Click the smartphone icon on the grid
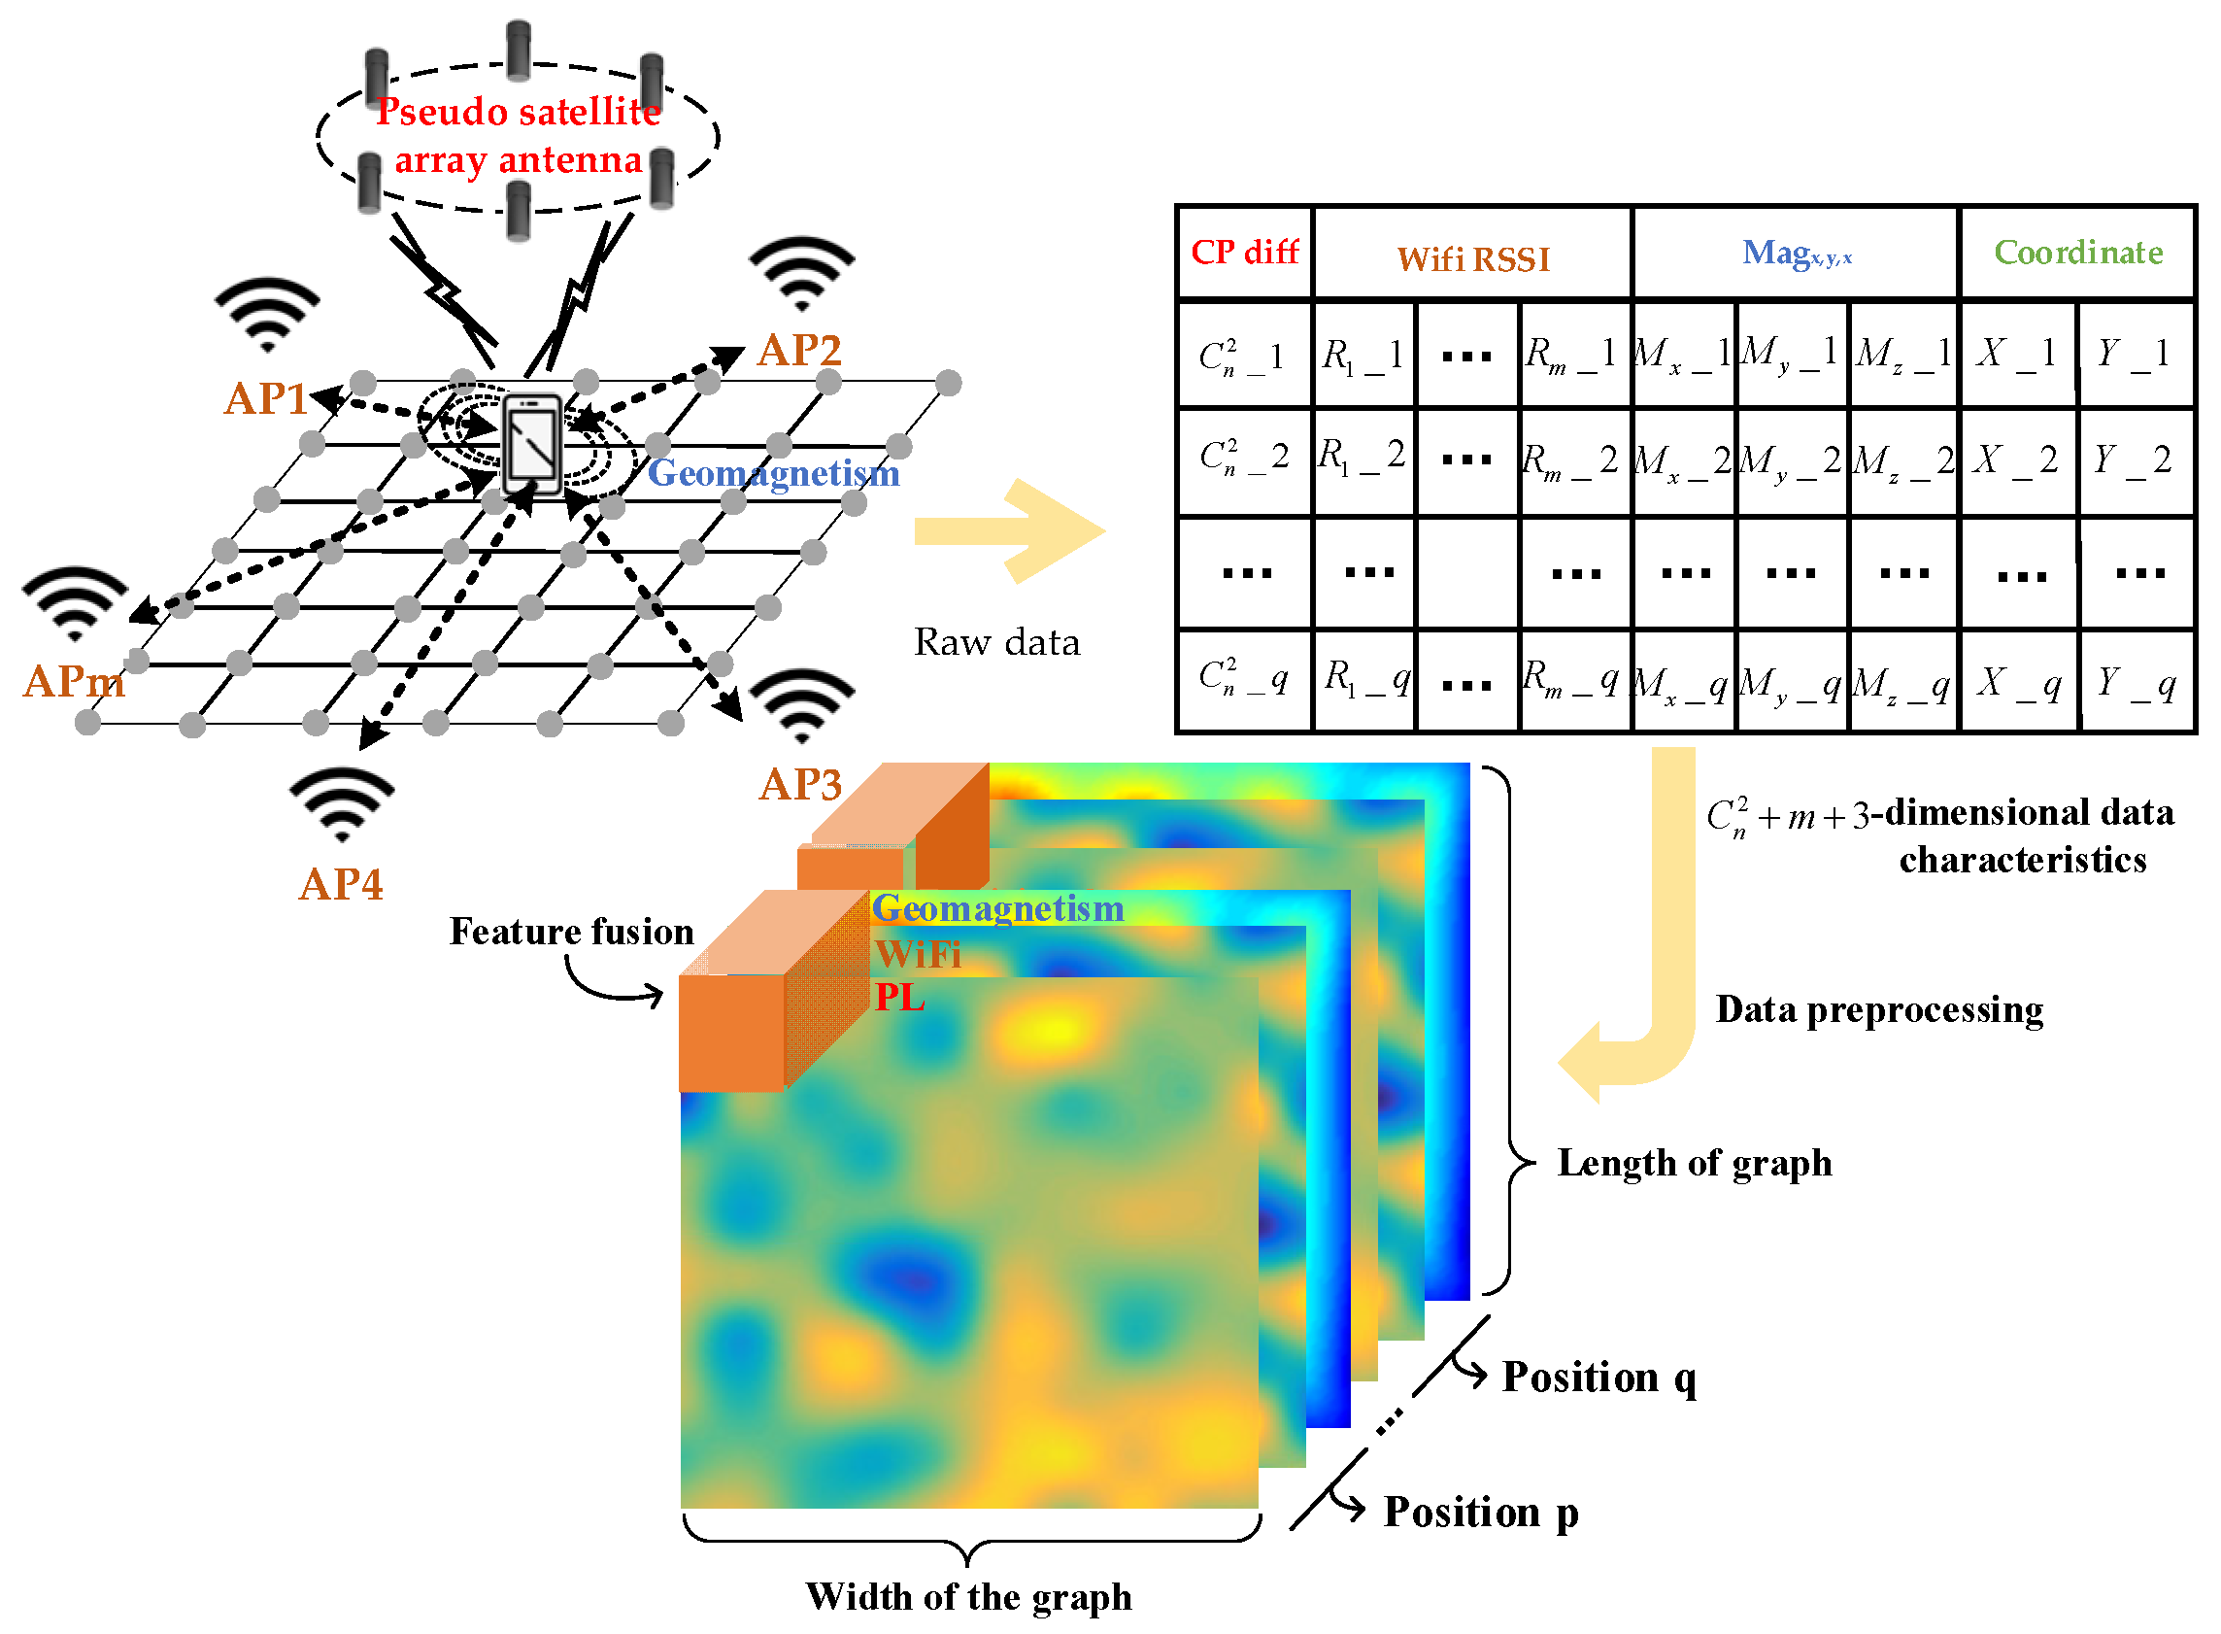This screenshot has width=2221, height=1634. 533,444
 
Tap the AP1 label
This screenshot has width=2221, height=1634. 265,398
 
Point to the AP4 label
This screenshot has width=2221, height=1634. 340,884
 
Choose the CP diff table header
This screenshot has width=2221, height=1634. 1243,253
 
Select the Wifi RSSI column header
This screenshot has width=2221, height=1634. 1472,259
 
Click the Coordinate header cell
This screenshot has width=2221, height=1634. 2076,253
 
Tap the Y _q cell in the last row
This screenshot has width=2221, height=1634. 2135,683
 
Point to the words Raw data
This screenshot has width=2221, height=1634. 995,642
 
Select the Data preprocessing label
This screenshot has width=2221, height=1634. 1878,1009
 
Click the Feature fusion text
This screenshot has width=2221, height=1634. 571,932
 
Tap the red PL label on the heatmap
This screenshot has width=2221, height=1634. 899,997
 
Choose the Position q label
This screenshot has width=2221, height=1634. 1598,1377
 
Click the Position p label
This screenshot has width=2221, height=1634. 1479,1512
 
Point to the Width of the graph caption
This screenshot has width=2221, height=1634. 967,1596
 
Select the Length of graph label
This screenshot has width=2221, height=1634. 1693,1163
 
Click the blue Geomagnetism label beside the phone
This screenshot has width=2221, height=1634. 773,473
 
